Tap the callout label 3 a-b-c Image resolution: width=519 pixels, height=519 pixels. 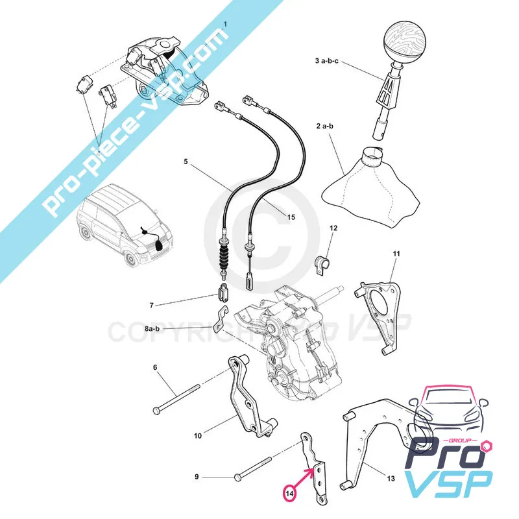[327, 60]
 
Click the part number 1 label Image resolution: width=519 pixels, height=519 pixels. [226, 25]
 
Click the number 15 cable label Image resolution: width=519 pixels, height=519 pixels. [291, 217]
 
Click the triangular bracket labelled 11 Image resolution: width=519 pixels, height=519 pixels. [383, 306]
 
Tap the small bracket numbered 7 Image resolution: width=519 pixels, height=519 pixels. [222, 293]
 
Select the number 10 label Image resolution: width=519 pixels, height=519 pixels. [199, 436]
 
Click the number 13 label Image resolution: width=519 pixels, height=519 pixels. [391, 479]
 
